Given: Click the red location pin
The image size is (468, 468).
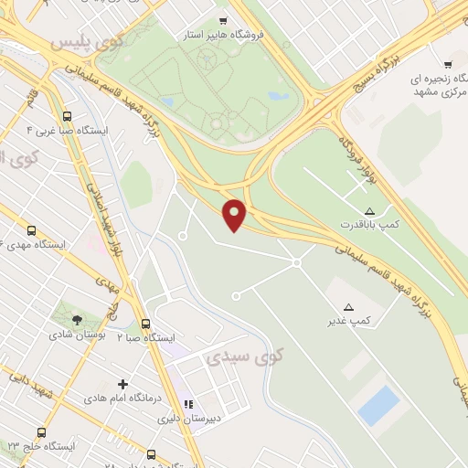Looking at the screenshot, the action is pos(236,214).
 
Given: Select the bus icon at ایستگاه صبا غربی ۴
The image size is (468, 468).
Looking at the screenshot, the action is pos(67,116).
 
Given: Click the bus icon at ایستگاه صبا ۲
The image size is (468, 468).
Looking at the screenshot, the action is pos(145,324).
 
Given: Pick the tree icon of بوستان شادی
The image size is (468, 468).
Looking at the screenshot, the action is pos(76,320).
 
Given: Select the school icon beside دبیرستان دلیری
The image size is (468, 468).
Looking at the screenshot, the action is pos(189,403).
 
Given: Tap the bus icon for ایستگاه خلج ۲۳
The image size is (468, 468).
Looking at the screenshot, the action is pos(39,432).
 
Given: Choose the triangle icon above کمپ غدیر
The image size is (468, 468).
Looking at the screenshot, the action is pos(348,306).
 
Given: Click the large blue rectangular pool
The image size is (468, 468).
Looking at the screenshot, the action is pos(378,405).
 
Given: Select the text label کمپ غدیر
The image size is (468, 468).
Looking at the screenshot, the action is pos(350,321).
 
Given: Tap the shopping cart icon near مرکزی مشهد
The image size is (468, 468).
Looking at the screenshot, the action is pos(448,64).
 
